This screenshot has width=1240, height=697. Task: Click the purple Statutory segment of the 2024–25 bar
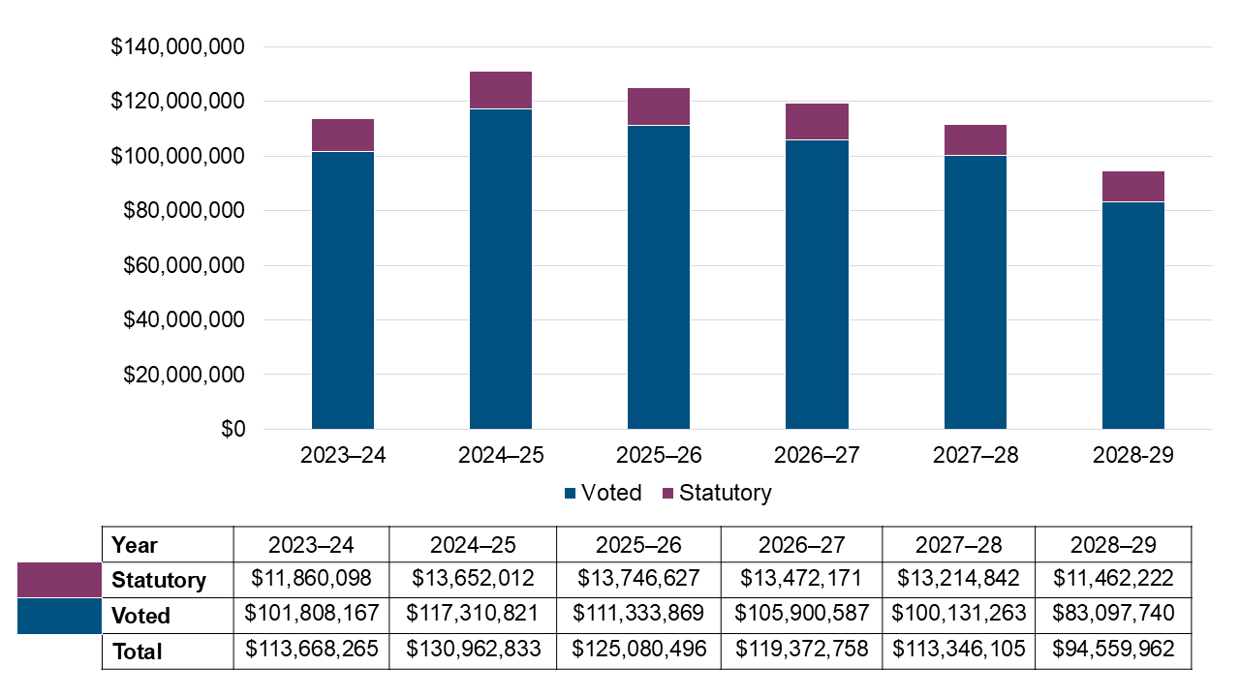[501, 90]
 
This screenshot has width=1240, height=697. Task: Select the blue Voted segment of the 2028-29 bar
[1132, 315]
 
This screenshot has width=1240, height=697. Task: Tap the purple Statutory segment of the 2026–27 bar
[817, 121]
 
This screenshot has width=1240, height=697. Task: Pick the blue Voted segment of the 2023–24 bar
[343, 290]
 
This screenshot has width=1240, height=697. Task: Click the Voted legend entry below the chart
[603, 493]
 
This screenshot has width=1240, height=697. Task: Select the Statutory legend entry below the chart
[717, 493]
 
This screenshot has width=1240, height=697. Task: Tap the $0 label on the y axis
[232, 430]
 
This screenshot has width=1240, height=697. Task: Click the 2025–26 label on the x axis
[659, 455]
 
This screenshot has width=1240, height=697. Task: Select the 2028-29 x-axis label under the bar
[1132, 455]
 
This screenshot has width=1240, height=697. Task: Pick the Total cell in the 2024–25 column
[473, 651]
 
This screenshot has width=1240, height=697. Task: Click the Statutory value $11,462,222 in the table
[1113, 579]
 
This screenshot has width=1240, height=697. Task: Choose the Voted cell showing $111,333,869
[638, 615]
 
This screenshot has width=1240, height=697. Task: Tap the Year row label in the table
[135, 545]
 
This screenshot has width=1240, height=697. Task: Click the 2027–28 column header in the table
[958, 545]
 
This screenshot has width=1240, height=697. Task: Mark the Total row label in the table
[137, 652]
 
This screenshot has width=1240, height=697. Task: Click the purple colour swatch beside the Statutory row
[59, 580]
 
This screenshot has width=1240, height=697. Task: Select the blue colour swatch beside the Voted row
[59, 616]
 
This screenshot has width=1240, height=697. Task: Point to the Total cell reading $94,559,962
[1113, 651]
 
